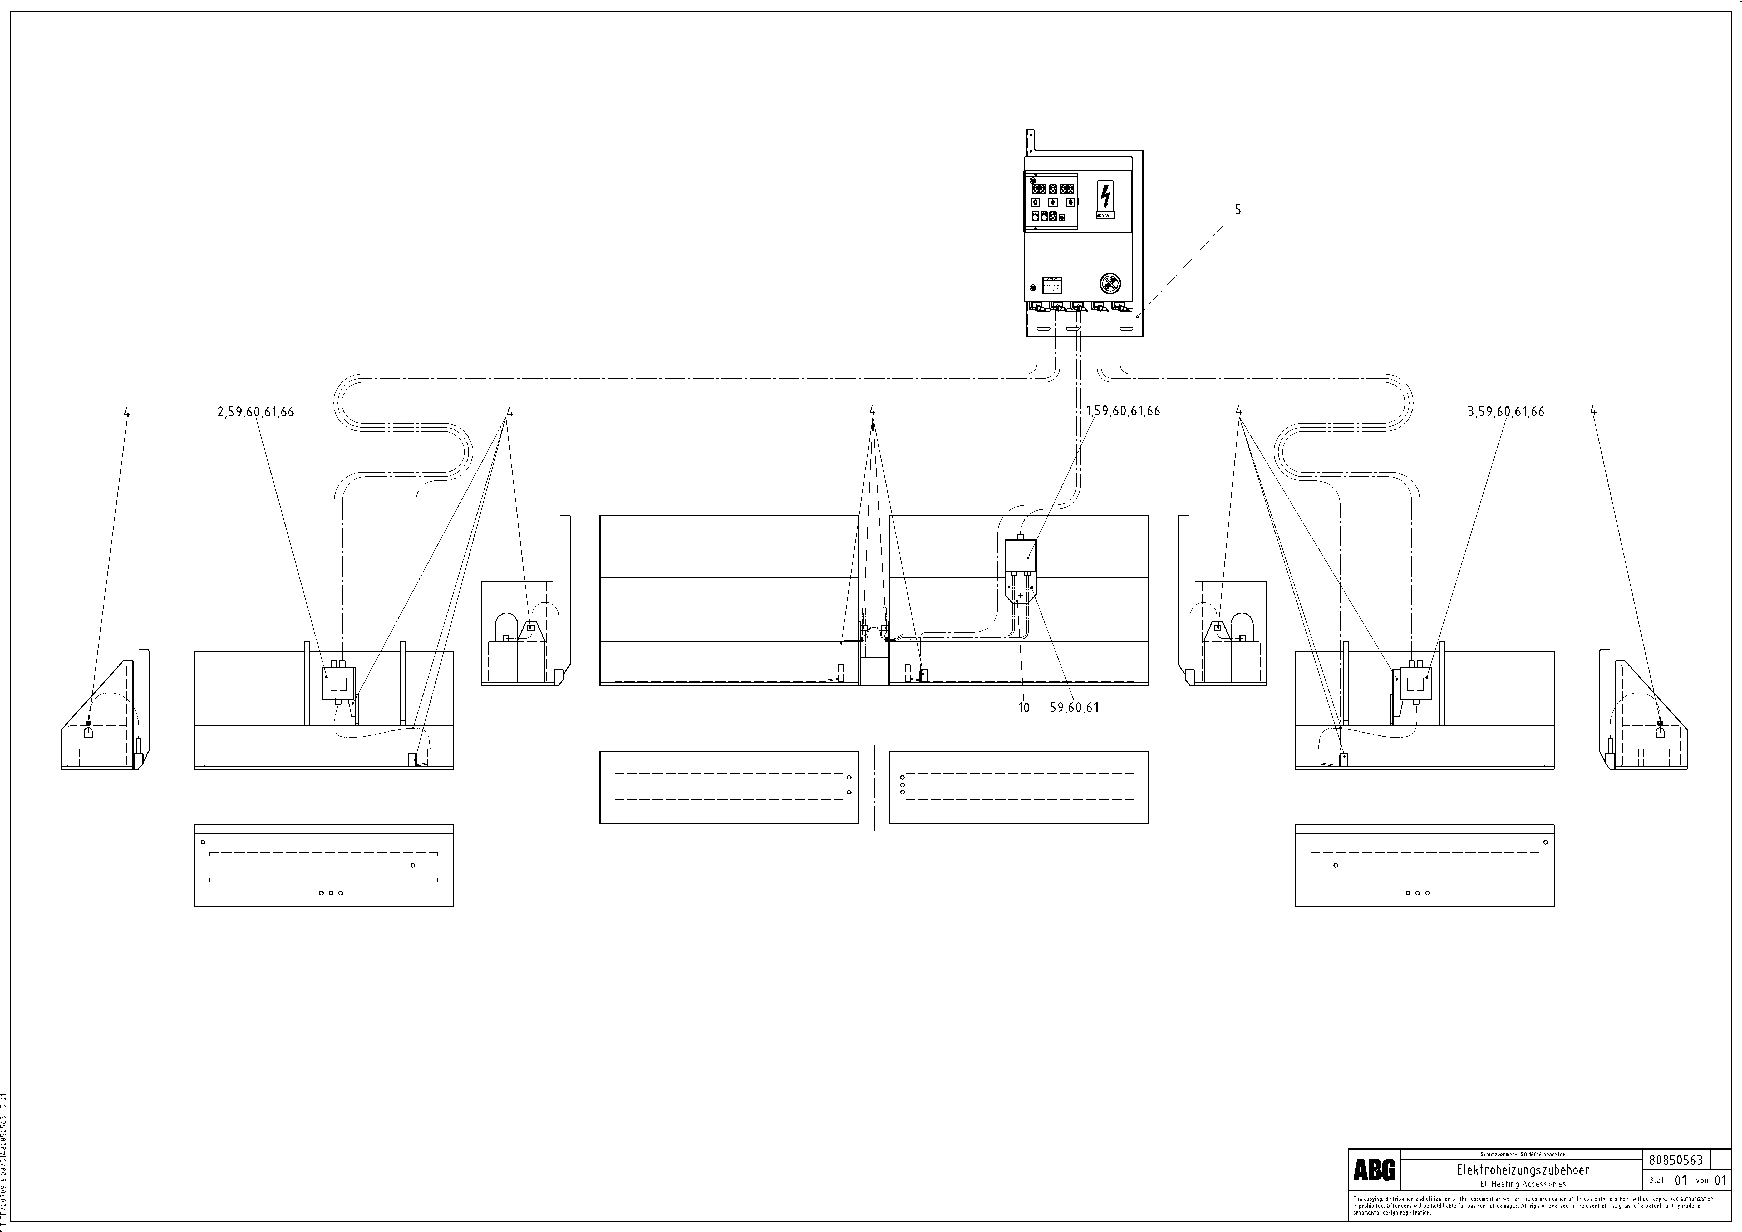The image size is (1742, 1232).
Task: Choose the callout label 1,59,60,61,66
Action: [x=1123, y=411]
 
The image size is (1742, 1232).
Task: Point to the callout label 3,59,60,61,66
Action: [x=1506, y=412]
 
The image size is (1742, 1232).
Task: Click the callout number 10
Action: [x=1024, y=707]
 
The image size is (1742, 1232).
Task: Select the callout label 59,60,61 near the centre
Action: [x=1074, y=707]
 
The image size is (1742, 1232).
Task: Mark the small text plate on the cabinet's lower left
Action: [x=1052, y=285]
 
